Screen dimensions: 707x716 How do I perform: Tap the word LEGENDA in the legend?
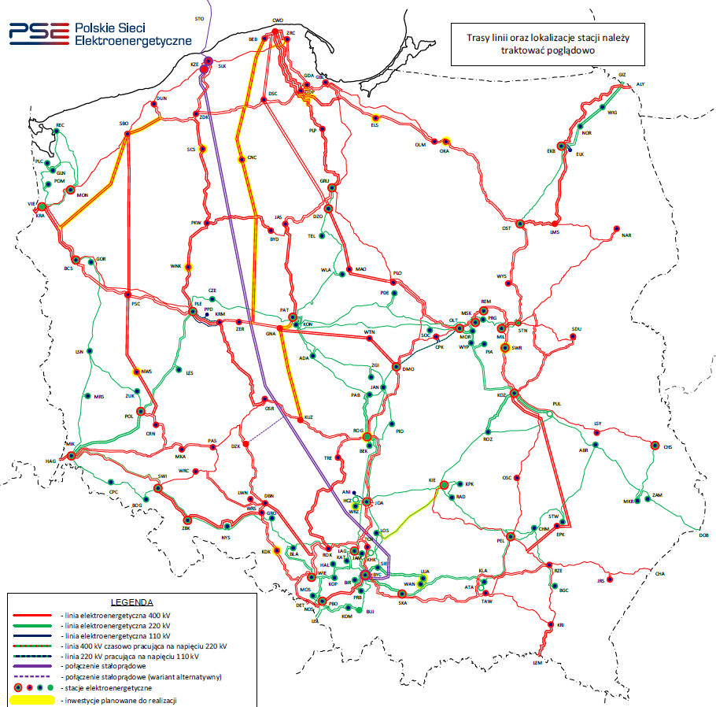click(x=131, y=601)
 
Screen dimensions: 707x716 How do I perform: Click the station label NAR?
click(x=626, y=235)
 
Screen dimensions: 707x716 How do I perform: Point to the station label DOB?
click(x=703, y=535)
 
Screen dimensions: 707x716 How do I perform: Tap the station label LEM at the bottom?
click(x=538, y=663)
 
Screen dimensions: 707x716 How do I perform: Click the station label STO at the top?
click(x=198, y=17)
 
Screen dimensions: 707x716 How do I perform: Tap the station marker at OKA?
click(x=445, y=142)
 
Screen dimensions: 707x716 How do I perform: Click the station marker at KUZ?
click(x=300, y=417)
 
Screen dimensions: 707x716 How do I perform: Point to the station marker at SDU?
click(x=572, y=337)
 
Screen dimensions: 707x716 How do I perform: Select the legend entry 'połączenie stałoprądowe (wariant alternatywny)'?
click(x=141, y=676)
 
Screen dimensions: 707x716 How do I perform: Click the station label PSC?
click(x=135, y=303)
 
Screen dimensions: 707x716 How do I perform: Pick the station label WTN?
click(x=370, y=333)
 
